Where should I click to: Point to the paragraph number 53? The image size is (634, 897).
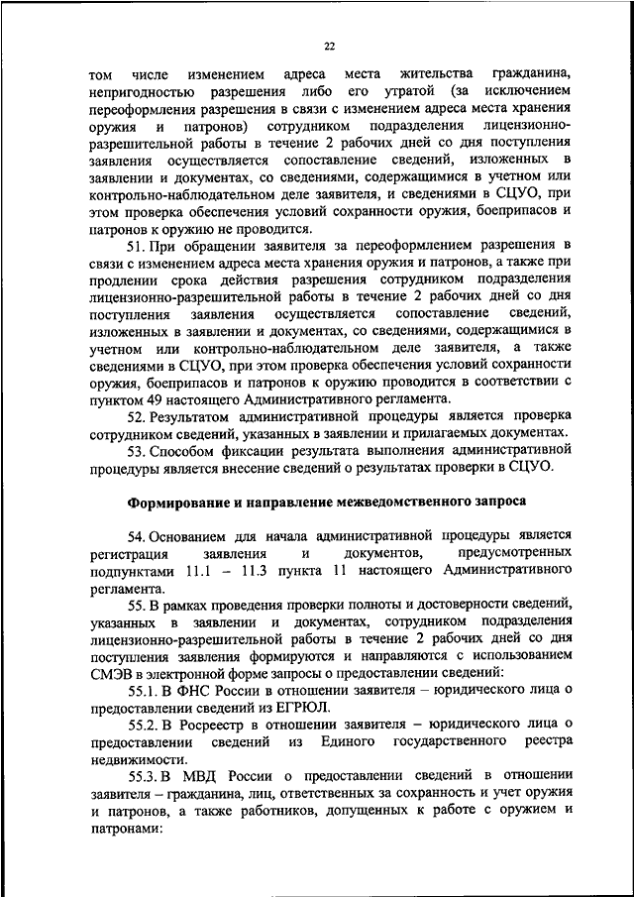(x=139, y=450)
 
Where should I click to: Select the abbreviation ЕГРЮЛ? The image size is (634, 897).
(x=296, y=707)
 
